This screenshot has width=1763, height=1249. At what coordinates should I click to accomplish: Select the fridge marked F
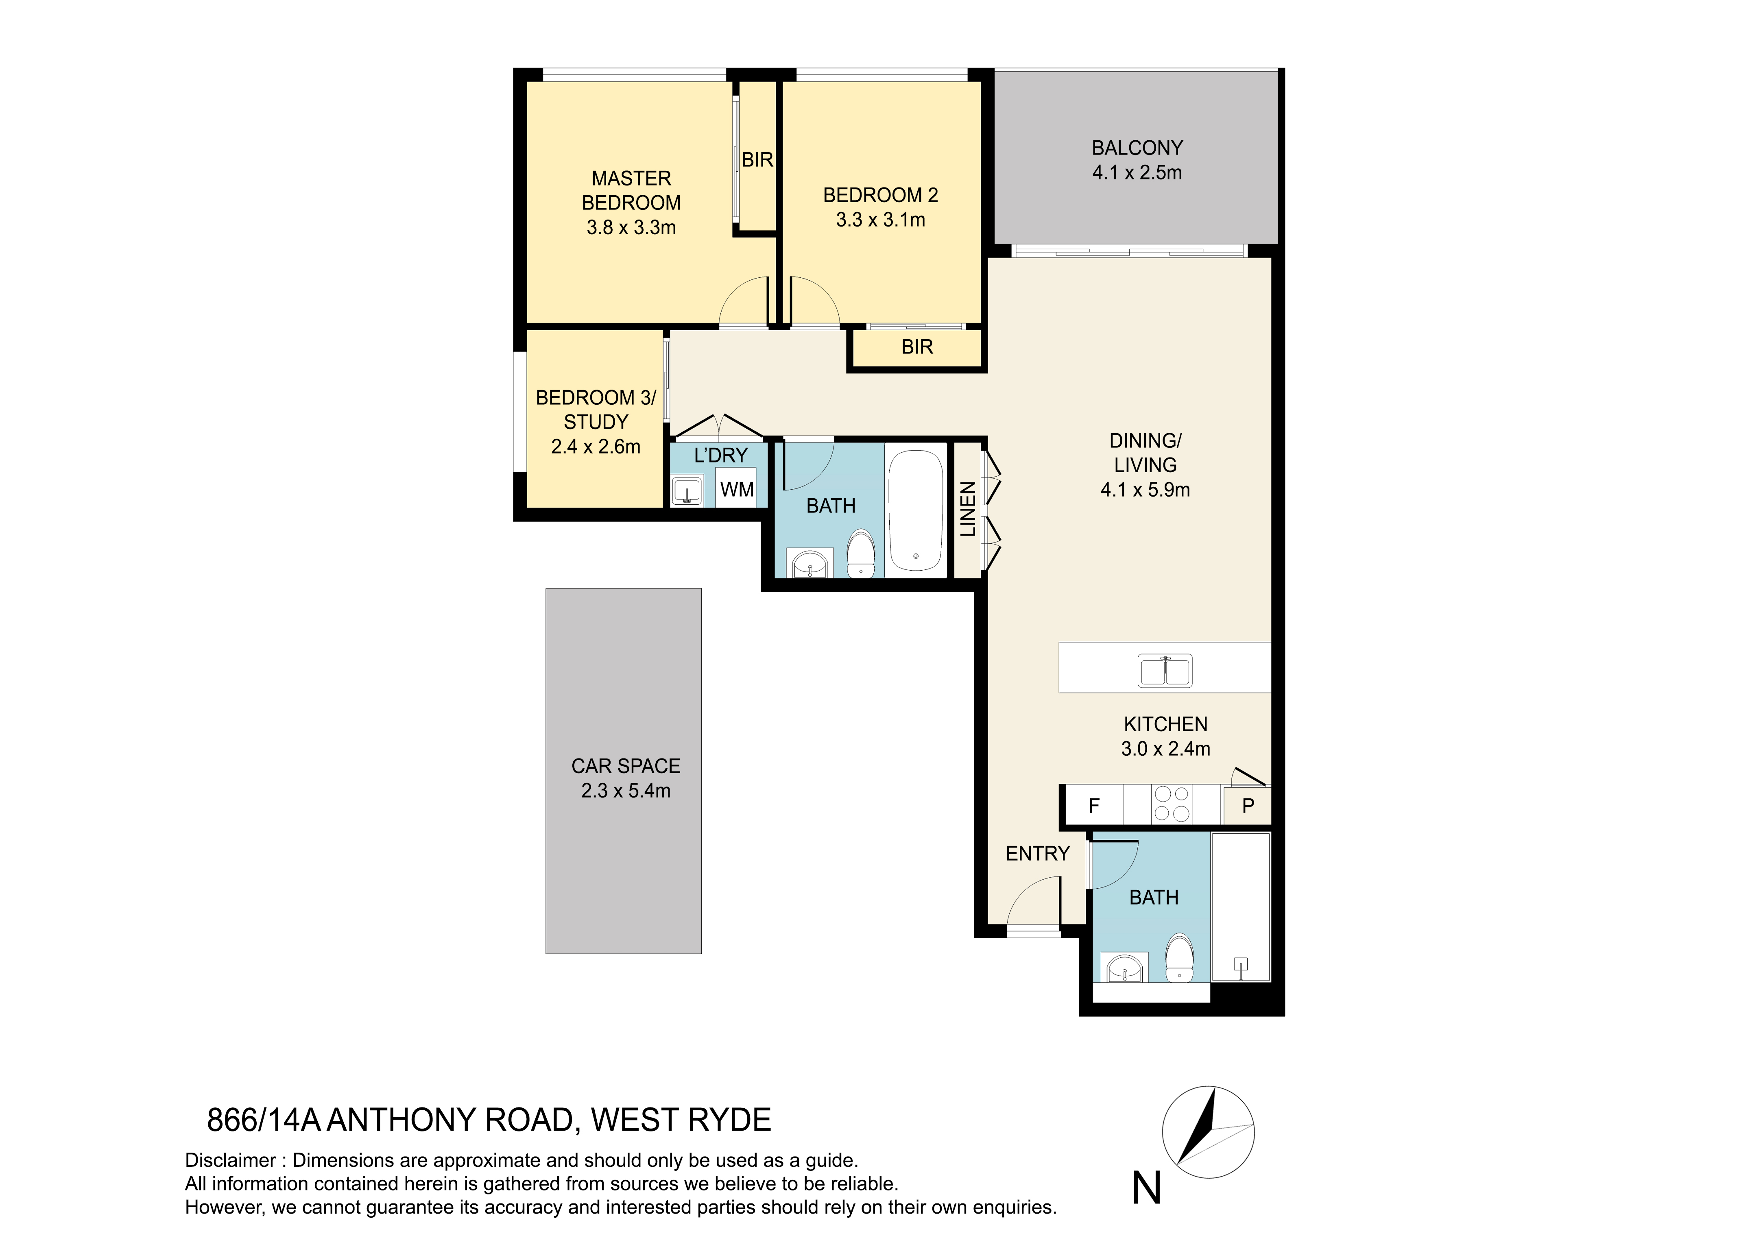click(1094, 805)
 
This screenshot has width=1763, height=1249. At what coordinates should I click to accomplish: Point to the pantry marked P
click(1248, 805)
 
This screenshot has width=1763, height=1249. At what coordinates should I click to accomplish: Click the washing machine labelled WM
click(737, 489)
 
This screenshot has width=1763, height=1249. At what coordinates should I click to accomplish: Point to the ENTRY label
click(1038, 854)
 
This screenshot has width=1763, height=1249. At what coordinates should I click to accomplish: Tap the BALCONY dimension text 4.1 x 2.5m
click(1137, 172)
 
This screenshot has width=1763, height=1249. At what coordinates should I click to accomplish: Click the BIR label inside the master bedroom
click(757, 160)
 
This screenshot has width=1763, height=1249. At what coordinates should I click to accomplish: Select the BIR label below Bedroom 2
click(917, 347)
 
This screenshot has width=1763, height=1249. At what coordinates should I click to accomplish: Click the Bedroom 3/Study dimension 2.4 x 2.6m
click(596, 447)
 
